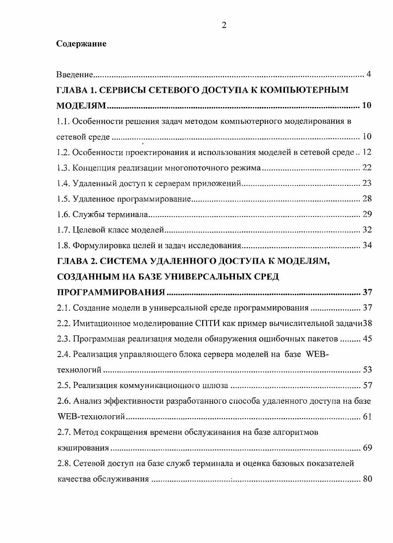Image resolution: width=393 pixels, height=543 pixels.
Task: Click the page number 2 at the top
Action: tap(224, 26)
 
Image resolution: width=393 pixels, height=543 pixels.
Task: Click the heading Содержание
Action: tap(81, 44)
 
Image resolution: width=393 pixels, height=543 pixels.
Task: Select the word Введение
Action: tap(74, 75)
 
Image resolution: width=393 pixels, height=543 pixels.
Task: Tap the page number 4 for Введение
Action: tap(369, 75)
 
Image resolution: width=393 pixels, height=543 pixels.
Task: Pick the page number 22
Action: tap(367, 168)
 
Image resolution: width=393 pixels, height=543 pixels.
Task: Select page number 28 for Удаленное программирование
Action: tap(367, 199)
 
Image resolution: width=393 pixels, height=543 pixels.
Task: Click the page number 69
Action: tap(367, 448)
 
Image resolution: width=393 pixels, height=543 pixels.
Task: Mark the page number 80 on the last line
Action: tap(367, 479)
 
